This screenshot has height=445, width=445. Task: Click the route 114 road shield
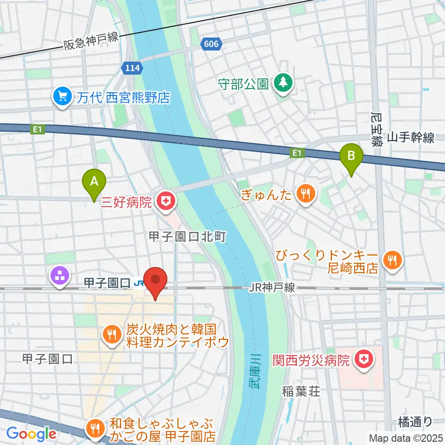(x=132, y=69)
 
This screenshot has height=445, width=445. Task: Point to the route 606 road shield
(x=210, y=43)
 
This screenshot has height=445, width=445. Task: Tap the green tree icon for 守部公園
(x=282, y=84)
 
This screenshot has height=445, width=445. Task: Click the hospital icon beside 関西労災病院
(x=364, y=359)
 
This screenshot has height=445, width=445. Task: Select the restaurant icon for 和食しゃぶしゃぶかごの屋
(x=96, y=429)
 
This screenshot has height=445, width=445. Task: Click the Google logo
(x=31, y=433)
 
